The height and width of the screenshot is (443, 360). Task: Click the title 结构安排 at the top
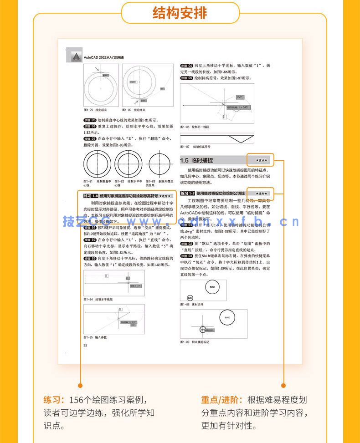coord(180,12)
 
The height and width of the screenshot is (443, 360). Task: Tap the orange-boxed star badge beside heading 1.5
coord(260,160)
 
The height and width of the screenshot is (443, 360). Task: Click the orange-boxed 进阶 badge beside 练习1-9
coord(260,193)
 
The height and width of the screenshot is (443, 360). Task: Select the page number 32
coord(85,345)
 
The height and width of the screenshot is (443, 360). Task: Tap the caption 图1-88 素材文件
coord(191,304)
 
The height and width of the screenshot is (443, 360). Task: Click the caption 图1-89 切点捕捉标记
coord(195,341)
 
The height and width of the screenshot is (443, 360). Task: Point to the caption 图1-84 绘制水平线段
coord(98,299)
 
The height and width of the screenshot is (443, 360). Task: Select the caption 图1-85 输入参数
coord(95,337)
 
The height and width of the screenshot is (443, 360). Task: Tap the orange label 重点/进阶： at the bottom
coord(222,400)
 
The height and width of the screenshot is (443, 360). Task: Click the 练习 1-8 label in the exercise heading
coord(91,195)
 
